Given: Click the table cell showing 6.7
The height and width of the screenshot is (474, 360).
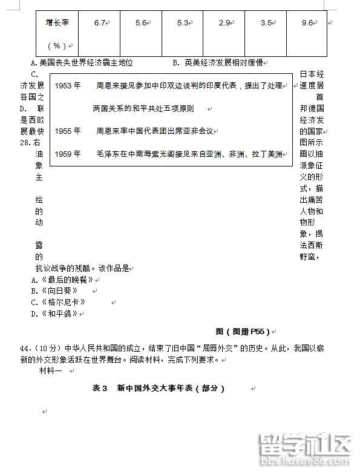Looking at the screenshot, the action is (x=100, y=22).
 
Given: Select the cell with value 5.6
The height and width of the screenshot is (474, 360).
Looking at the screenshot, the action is (x=142, y=22).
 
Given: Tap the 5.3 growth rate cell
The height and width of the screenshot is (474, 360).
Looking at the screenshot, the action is (x=183, y=22).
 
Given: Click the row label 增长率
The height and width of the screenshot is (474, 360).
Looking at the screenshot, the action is (x=57, y=22).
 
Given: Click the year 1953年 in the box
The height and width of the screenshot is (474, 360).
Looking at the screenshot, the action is (x=67, y=85).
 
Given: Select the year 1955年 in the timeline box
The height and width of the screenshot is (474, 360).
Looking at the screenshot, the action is (x=67, y=131).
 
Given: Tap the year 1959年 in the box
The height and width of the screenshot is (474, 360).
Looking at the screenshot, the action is (x=67, y=154).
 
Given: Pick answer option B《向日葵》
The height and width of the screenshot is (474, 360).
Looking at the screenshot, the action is (x=56, y=291).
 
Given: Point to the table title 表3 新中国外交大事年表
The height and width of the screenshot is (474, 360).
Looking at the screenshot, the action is (x=158, y=388).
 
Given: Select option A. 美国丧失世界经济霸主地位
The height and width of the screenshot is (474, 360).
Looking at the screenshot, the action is (x=82, y=62).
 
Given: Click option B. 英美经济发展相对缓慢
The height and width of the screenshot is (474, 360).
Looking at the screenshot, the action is (x=218, y=62).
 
